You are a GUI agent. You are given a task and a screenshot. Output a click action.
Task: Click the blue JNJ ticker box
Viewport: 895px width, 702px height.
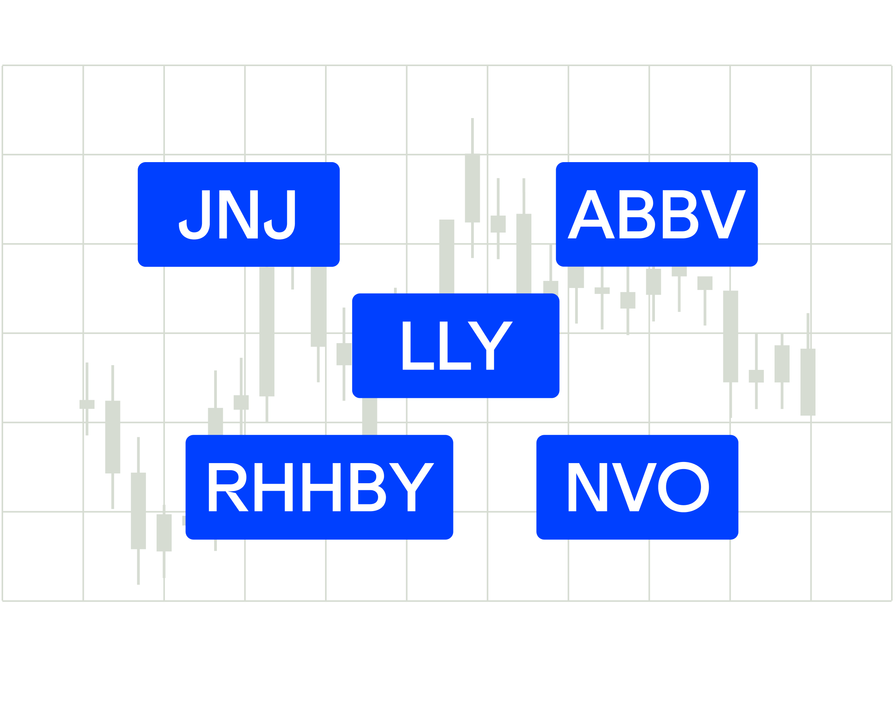(239, 214)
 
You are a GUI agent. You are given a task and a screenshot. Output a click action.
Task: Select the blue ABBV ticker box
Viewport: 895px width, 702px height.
(656, 214)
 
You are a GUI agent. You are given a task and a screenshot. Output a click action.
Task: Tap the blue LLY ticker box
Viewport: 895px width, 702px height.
(455, 345)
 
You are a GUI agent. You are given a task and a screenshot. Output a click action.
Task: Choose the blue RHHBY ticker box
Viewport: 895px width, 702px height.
(319, 487)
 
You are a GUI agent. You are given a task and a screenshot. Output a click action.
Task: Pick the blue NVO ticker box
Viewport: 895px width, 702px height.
(637, 487)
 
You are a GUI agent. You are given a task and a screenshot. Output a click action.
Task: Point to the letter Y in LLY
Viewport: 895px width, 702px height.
(490, 345)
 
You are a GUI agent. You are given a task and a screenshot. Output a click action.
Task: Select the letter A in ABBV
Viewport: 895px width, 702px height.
(591, 214)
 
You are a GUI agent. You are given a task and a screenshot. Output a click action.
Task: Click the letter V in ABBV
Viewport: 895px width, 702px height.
(723, 214)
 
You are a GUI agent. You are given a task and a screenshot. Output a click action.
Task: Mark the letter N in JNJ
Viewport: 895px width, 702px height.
(239, 214)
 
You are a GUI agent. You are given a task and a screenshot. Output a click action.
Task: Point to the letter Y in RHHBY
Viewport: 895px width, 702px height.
(412, 487)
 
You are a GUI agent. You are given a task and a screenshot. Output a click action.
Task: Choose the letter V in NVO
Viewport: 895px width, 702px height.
(634, 487)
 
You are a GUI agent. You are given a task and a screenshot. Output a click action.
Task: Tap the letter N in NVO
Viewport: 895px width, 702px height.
(588, 487)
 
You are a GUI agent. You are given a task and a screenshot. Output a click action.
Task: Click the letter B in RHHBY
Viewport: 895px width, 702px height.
(368, 487)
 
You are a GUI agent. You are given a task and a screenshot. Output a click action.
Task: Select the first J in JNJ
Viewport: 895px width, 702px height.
(194, 214)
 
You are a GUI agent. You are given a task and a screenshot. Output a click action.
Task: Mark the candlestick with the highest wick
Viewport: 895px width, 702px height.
(472, 188)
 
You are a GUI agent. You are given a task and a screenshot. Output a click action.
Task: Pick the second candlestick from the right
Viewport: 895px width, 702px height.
(782, 364)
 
